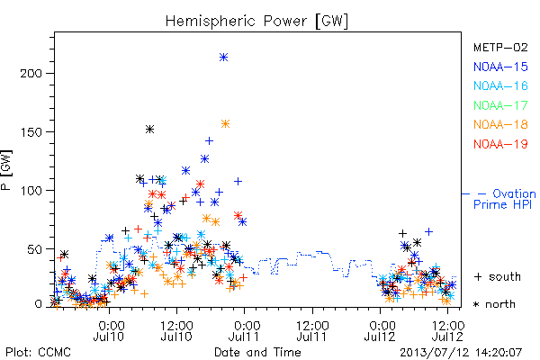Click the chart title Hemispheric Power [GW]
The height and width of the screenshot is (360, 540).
pos(256,22)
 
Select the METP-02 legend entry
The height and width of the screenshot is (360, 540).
pos(500,47)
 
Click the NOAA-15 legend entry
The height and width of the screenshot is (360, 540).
pos(500,67)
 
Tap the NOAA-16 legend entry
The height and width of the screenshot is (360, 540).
pos(500,85)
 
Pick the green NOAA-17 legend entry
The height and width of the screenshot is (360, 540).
pos(500,105)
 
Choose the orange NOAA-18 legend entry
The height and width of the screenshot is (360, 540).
pos(500,124)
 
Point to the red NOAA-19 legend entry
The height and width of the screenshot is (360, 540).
pos(500,144)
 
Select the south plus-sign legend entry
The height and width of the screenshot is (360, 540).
pos(498,276)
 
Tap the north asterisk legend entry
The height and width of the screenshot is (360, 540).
pos(494,304)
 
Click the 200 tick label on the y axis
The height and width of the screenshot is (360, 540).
pos(31,74)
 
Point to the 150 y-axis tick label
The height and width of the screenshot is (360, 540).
pos(31,132)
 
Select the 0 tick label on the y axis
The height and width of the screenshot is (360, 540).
pos(38,304)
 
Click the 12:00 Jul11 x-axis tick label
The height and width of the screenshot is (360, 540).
pos(312,330)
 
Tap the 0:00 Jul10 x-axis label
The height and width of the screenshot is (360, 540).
pos(109,330)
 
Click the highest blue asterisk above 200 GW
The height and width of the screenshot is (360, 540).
pos(224,58)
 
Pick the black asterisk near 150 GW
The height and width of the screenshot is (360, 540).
pos(149,130)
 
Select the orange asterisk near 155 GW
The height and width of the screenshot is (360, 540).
pos(226,123)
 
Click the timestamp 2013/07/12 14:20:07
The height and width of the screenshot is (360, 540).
pos(461,353)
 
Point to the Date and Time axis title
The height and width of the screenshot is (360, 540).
pos(257,353)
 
